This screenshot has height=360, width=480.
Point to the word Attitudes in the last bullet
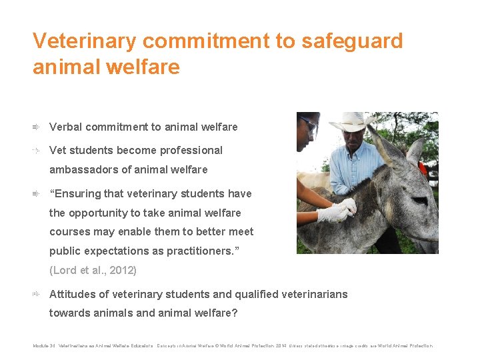[x=74, y=294]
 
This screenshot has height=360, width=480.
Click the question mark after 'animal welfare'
[x=235, y=313]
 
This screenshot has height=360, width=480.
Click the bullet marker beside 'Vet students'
[x=37, y=151]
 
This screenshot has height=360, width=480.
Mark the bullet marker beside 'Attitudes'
[x=37, y=294]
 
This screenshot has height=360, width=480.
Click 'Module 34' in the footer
[x=43, y=346]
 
